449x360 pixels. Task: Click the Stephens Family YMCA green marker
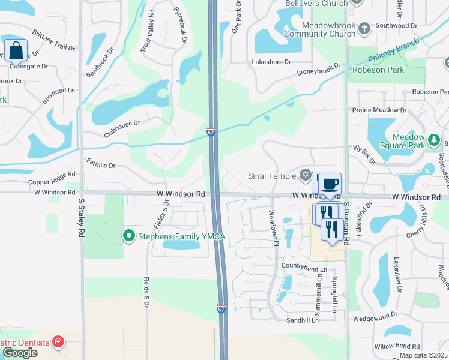(128, 236)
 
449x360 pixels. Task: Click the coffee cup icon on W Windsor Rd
(329, 183)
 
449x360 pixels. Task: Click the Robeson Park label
(378, 70)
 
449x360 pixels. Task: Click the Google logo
(20, 353)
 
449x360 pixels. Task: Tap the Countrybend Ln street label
(304, 269)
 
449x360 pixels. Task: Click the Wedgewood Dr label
(375, 314)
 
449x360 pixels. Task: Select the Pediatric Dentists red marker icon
(58, 343)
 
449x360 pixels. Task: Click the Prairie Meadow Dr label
(381, 110)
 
